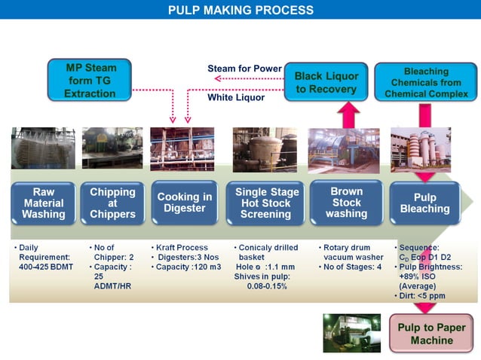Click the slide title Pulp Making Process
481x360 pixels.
tap(240, 10)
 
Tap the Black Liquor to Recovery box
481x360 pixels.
tap(326, 82)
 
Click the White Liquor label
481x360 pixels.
tap(236, 97)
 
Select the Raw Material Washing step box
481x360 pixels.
tap(44, 203)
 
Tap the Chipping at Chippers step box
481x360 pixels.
tap(112, 203)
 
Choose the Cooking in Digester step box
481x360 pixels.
tap(183, 203)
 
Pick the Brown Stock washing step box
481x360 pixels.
tap(346, 203)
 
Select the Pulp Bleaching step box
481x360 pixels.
tap(425, 203)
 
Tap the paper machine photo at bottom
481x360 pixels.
tap(352, 333)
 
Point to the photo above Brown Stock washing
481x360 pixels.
tap(344, 151)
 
